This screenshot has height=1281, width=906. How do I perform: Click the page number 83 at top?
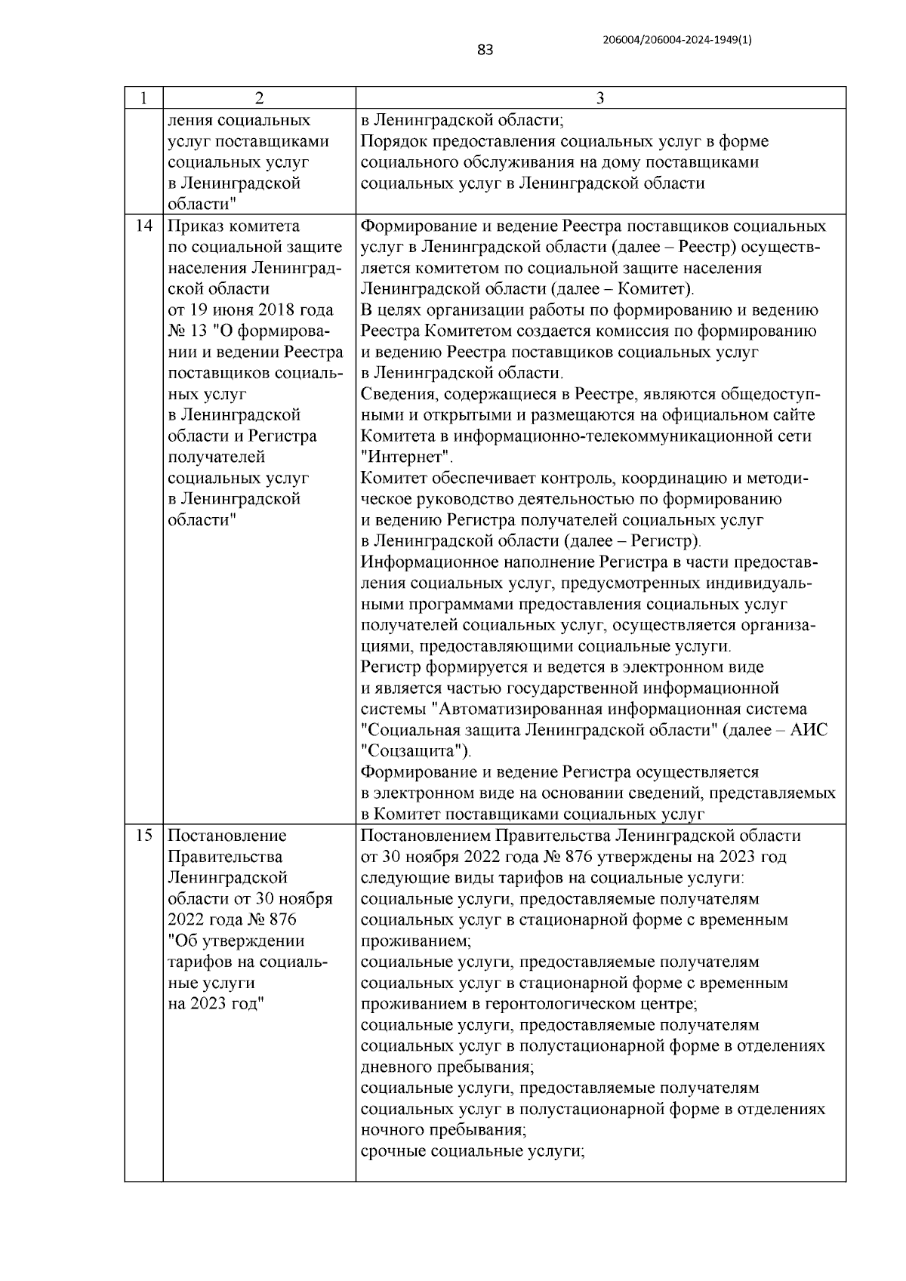tap(485, 51)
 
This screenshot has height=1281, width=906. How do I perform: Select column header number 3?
tap(600, 98)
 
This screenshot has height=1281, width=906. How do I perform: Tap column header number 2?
tap(259, 98)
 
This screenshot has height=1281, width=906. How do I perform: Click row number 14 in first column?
tap(144, 226)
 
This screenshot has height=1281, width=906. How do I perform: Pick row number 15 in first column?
tap(144, 836)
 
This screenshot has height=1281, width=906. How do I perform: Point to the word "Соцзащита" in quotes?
tap(413, 752)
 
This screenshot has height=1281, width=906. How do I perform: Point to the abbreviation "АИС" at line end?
tap(809, 731)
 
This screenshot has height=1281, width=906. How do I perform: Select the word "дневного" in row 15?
tap(396, 1067)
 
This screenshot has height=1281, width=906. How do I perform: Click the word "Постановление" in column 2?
tap(226, 836)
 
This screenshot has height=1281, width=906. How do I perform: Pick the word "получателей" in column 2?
tap(216, 457)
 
